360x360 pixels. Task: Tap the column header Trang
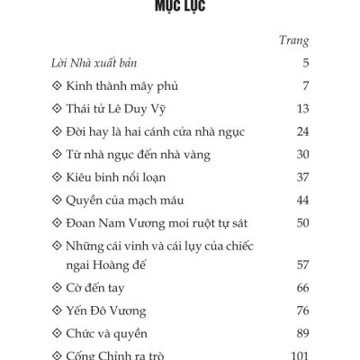294,40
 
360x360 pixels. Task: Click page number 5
305,64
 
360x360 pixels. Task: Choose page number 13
301,109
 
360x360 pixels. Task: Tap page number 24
301,131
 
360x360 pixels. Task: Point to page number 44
301,199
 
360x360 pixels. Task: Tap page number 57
301,265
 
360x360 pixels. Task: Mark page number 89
301,334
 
